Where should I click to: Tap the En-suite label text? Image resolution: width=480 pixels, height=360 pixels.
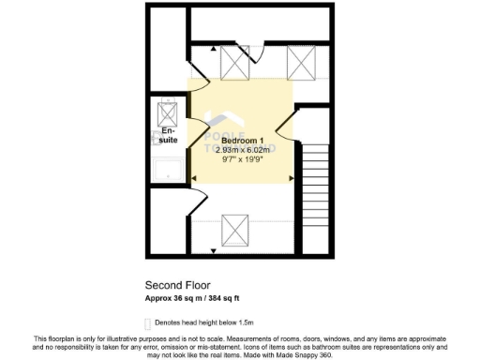coord(169,137)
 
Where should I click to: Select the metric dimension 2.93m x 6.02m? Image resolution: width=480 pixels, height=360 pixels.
coord(242,149)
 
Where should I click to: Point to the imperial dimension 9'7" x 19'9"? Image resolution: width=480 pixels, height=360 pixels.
coord(242,159)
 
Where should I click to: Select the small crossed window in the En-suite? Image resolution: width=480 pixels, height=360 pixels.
coord(169,112)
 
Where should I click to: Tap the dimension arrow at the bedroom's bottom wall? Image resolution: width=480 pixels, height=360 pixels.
coord(214,251)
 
